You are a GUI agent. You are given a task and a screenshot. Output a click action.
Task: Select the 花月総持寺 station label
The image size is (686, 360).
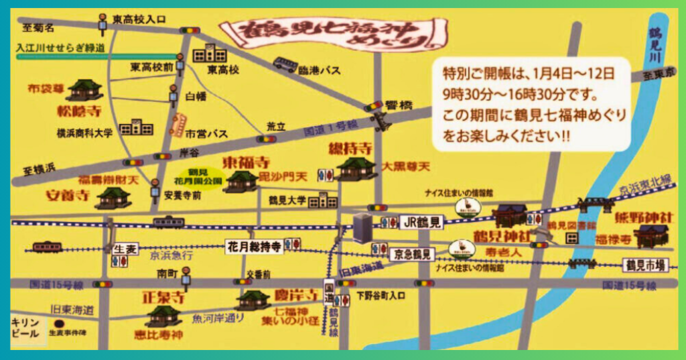(x=254, y=247)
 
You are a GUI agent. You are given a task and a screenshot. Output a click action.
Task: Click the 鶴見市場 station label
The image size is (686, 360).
(x=645, y=265)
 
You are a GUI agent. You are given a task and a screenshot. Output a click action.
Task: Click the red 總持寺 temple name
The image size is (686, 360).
(x=348, y=147)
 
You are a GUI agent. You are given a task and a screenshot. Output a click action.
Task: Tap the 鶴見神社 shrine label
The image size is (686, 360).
(x=502, y=236)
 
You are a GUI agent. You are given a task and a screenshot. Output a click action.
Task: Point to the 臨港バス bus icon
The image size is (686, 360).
(x=286, y=64)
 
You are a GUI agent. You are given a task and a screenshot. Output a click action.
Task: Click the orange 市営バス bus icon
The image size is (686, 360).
(x=178, y=125)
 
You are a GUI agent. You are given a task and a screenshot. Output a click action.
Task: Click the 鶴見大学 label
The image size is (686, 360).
(x=287, y=200)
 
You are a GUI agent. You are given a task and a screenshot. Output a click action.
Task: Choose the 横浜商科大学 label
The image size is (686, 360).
(x=84, y=133)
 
